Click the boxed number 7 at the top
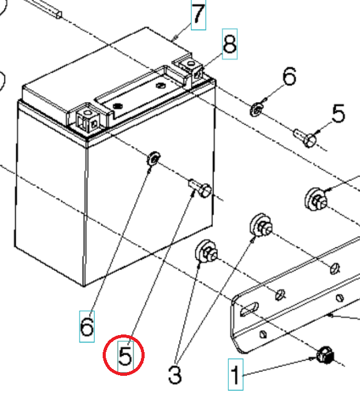(x=198, y=15)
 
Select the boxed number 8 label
(x=230, y=44)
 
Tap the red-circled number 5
(x=124, y=356)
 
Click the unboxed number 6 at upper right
(x=289, y=78)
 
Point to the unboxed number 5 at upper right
(x=338, y=114)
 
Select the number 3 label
(x=175, y=375)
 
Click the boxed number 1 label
(x=235, y=376)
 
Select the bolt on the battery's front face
(x=200, y=187)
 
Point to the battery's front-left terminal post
(x=86, y=119)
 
